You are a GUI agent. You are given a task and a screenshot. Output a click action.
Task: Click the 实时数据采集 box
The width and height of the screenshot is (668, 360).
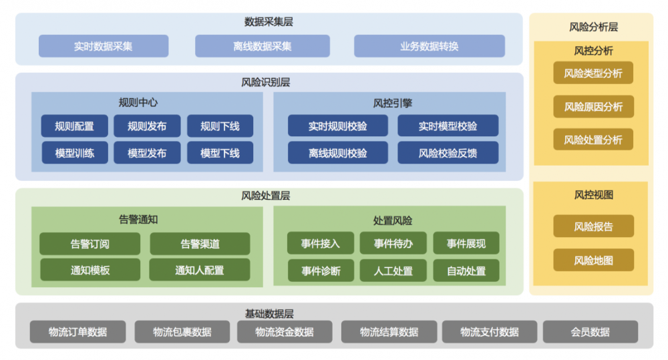pos(104,46)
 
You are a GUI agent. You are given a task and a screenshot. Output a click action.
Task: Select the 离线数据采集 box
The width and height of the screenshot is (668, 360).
pos(263,46)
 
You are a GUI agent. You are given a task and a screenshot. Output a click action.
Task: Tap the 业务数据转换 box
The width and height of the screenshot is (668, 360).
pos(430,46)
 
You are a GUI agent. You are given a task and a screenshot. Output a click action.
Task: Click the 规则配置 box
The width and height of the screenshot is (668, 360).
pos(74,126)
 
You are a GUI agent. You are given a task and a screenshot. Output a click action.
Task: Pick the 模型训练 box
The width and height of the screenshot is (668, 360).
pos(74,153)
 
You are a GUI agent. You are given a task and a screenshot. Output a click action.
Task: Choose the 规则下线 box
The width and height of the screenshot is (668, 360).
pos(220,126)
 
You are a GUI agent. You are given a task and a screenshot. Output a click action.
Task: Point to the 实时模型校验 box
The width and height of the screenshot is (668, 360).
pos(448,126)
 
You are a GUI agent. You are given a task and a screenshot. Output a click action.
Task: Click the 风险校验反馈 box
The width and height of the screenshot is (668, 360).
pos(448,153)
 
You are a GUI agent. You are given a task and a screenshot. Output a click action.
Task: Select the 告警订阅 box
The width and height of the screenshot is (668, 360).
pos(90,244)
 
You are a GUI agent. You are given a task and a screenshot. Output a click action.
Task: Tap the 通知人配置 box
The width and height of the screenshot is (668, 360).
pos(200,271)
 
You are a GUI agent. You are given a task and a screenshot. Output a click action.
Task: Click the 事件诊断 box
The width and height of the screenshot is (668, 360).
pos(321,271)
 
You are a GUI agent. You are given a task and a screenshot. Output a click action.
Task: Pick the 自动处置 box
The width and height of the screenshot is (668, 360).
pos(466,271)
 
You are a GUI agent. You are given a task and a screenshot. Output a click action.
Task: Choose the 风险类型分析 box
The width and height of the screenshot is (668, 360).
pos(593,73)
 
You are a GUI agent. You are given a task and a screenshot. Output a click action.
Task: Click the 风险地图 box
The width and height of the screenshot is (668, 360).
pos(593,260)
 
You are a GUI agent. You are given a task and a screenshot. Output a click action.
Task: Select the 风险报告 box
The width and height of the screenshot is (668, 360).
pos(593,226)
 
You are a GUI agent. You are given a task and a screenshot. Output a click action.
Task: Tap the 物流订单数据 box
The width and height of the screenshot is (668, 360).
pos(77,332)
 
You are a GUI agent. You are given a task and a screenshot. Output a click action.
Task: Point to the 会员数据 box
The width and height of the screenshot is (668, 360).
pos(590,332)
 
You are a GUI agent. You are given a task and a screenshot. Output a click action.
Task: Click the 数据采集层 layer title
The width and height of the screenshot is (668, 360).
pos(269,22)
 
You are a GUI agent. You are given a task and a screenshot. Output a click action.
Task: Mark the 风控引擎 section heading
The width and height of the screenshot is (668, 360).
pos(392,103)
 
